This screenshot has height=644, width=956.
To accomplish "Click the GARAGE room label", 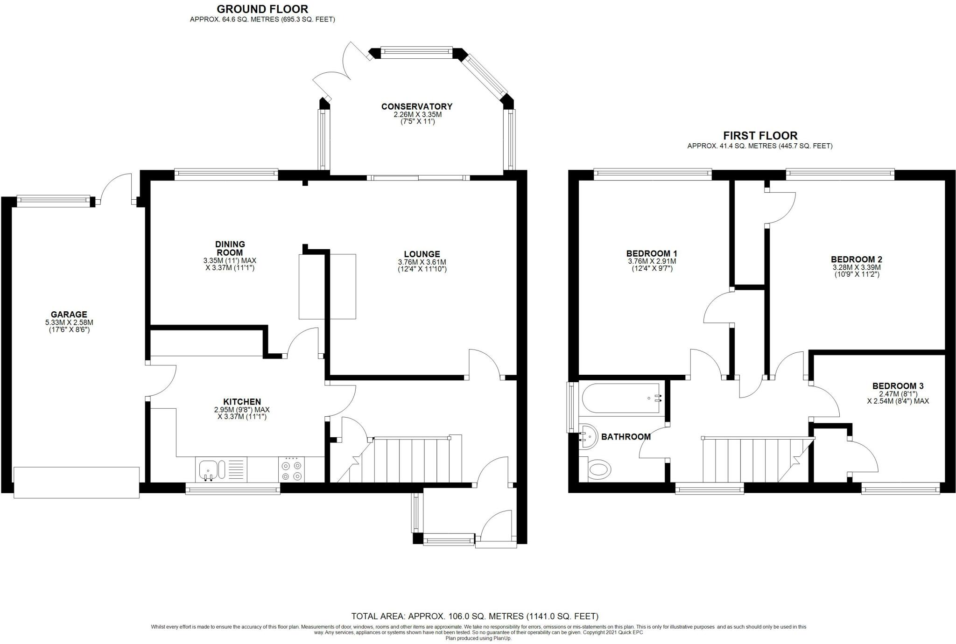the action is pos(69,315).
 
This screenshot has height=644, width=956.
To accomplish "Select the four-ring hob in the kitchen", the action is pos(292,469).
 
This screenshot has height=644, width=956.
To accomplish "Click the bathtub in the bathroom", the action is pos(622,398).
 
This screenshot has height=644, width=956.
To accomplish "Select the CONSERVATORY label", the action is pos(417,106).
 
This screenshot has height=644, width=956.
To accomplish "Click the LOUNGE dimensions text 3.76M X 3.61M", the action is pos(422,262).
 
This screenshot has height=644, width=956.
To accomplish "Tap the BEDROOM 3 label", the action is pos(898,386).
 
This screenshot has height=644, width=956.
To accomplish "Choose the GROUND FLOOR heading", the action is pos(262,9).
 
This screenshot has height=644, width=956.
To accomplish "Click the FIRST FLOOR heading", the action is pos(760,135).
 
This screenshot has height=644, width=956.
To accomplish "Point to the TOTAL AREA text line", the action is pos(475,616).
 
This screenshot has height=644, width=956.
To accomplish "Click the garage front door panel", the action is pos(77,482).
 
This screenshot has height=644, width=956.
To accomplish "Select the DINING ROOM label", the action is pos(230,248).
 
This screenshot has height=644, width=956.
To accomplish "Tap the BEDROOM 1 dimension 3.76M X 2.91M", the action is pos(652,262).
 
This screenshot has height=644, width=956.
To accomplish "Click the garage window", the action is pos(53,201).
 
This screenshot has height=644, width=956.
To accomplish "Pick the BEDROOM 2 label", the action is pos(856,259).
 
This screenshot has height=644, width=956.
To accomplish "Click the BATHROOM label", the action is pos(626,437).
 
